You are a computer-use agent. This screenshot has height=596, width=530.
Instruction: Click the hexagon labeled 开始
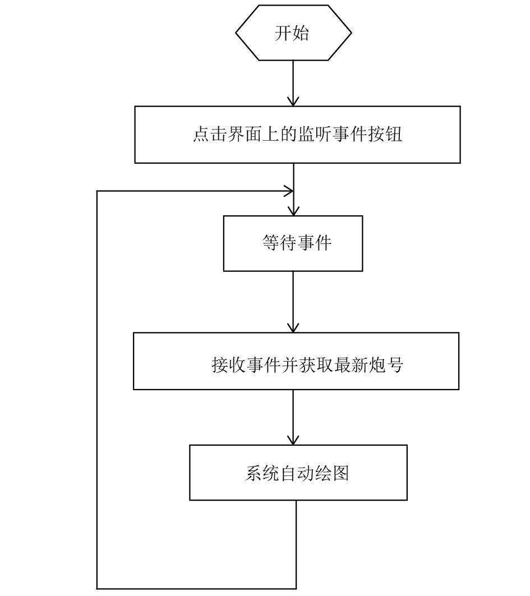293,33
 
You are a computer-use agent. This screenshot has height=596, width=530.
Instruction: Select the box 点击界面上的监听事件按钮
297,135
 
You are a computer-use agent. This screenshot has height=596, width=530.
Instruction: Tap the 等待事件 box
293,243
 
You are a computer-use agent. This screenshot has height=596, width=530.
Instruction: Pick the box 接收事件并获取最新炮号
296,361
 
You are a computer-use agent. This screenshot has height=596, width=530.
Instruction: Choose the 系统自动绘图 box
298,473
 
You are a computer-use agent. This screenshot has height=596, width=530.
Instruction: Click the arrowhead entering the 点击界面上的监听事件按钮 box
293,101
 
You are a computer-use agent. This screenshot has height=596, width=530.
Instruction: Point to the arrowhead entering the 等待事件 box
293,211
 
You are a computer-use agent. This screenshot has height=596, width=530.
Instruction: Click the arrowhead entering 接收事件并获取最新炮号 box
293,327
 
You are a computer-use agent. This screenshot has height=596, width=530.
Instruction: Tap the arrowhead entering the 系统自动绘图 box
293,440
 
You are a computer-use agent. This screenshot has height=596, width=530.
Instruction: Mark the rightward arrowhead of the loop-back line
289,191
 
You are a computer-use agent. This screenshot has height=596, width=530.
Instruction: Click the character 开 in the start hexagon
283,33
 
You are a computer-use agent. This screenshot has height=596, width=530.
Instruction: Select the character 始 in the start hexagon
301,33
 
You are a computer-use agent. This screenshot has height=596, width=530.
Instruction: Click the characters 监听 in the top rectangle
306,135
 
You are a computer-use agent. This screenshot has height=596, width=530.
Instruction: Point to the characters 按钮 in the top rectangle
385,135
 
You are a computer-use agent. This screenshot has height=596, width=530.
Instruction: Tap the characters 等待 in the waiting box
279,243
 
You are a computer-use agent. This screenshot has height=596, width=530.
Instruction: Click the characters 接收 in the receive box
228,365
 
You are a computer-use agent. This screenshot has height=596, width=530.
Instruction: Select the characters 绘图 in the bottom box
332,474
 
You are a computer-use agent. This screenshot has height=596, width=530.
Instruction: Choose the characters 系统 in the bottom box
262,474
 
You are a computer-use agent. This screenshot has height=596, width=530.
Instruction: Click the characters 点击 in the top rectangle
210,135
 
